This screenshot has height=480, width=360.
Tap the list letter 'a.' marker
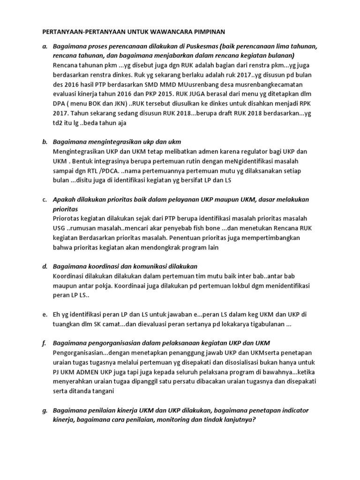click(45, 47)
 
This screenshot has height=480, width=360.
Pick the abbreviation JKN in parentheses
click(117, 104)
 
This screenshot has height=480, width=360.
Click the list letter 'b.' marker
click(45, 142)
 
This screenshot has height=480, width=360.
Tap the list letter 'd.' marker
click(45, 266)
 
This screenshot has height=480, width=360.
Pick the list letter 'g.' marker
click(45, 410)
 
